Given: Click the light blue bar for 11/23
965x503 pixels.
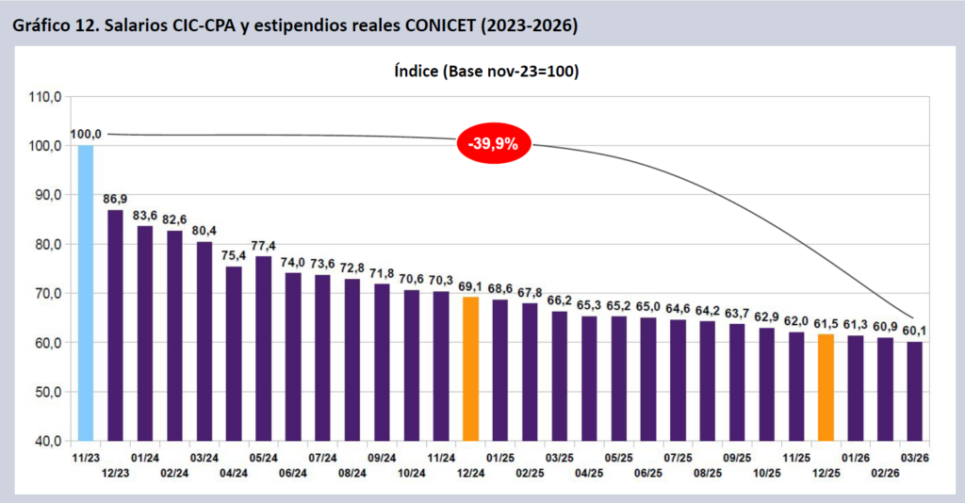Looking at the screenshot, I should click(86, 292).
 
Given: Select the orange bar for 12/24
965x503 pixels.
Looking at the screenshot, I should click(471, 368).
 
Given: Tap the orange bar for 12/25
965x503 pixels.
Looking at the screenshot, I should click(826, 387).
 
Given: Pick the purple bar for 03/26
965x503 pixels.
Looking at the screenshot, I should click(915, 390).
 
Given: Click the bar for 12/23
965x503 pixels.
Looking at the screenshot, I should click(115, 324).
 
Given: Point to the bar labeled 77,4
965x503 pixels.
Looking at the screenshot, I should click(263, 348).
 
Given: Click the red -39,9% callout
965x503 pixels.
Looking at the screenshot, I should click(494, 144).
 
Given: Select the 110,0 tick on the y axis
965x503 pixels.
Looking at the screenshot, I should click(45, 97).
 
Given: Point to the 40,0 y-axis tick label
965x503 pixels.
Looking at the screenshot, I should click(45, 441).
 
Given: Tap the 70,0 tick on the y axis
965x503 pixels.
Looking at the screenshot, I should click(45, 294).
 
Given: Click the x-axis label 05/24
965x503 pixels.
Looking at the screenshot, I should click(263, 458).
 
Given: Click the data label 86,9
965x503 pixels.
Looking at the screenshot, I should click(116, 199).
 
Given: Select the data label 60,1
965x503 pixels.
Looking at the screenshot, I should click(915, 331).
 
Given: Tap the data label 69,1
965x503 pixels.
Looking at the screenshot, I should click(471, 286).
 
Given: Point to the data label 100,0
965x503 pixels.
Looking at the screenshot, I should click(87, 135).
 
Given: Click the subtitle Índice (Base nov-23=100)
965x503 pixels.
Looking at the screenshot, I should click(482, 71).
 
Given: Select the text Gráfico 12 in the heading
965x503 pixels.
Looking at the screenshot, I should click(53, 25).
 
